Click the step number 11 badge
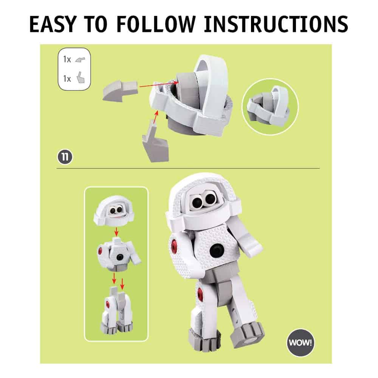[65, 157]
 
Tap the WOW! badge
[301, 342]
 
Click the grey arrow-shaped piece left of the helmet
[120, 91]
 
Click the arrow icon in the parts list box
[80, 60]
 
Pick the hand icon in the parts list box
[81, 78]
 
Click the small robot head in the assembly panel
[113, 211]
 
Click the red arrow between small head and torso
[116, 231]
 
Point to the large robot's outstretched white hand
[253, 245]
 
